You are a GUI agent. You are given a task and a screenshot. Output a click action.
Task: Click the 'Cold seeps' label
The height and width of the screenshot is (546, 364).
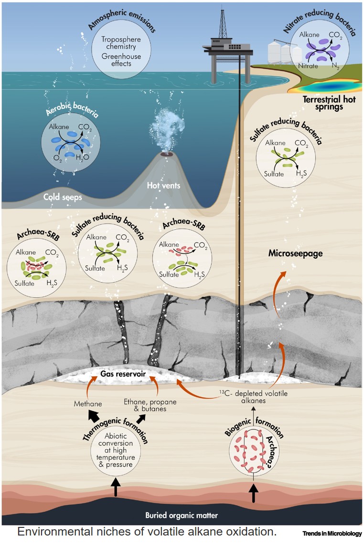tap(62, 196)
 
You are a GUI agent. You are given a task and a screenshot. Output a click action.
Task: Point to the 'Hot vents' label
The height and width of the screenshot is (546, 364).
tap(164, 185)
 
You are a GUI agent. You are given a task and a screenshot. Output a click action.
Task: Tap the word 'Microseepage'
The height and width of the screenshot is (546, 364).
tap(295, 253)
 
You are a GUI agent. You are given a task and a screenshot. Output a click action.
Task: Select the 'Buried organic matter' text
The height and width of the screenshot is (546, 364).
tap(182, 515)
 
